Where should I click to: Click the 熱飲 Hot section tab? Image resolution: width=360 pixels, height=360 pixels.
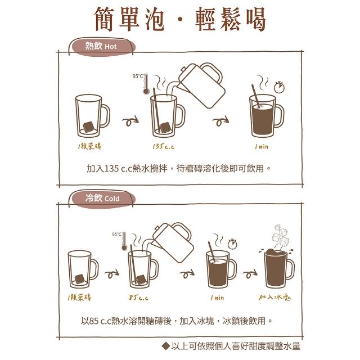click(102, 46)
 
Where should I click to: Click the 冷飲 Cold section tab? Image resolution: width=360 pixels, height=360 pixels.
click(102, 199)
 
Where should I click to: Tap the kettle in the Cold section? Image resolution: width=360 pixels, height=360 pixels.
click(172, 242)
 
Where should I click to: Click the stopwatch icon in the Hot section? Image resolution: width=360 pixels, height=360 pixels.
click(279, 87)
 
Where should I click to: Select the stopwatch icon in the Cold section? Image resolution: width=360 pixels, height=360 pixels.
click(232, 244)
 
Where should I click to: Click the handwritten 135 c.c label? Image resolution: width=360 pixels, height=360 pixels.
click(164, 146)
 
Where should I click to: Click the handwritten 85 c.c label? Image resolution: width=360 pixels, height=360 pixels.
click(138, 298)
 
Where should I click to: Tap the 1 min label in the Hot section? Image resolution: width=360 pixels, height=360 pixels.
click(262, 146)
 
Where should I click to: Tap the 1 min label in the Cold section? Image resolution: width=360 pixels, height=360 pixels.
click(217, 298)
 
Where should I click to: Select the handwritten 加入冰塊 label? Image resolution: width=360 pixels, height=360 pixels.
click(274, 298)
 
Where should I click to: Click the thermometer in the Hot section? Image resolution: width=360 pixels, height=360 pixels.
click(146, 84)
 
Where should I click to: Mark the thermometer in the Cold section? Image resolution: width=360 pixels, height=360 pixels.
click(124, 241)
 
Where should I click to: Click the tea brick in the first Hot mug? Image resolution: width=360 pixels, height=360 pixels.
click(89, 127)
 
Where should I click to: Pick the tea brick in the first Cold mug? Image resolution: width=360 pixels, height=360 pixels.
click(80, 279)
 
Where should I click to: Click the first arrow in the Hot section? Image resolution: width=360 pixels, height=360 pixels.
click(130, 121)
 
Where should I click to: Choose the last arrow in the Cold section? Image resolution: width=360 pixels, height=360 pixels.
click(250, 273)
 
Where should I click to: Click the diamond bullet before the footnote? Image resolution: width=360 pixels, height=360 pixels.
click(165, 346)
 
